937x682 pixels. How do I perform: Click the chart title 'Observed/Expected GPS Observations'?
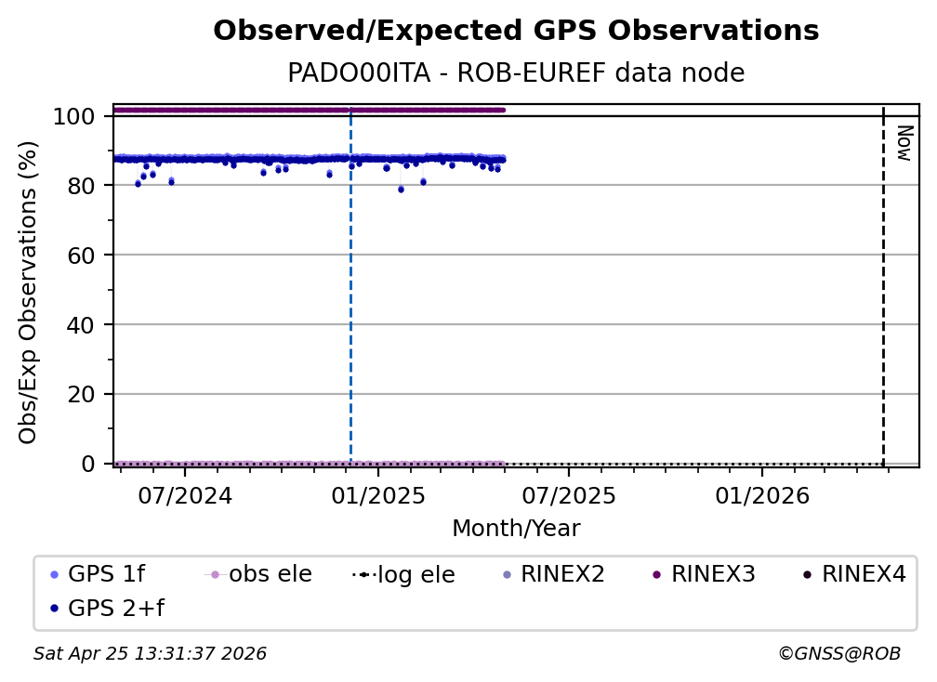516,32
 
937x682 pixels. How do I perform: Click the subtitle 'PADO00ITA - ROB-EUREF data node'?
516,73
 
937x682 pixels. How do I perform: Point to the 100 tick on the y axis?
74,117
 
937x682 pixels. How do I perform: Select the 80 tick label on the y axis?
81,186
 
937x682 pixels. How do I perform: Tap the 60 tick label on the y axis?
81,256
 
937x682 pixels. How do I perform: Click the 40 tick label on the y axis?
81,325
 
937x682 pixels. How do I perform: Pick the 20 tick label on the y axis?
81,395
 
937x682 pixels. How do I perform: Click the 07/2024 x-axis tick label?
185,495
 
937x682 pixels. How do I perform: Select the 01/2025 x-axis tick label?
377,495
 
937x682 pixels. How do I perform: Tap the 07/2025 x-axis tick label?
569,495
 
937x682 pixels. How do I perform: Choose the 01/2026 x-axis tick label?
761,495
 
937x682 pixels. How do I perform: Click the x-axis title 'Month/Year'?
516,529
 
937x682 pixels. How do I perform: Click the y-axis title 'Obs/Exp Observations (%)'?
29,292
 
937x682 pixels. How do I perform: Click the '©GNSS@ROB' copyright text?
838,654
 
